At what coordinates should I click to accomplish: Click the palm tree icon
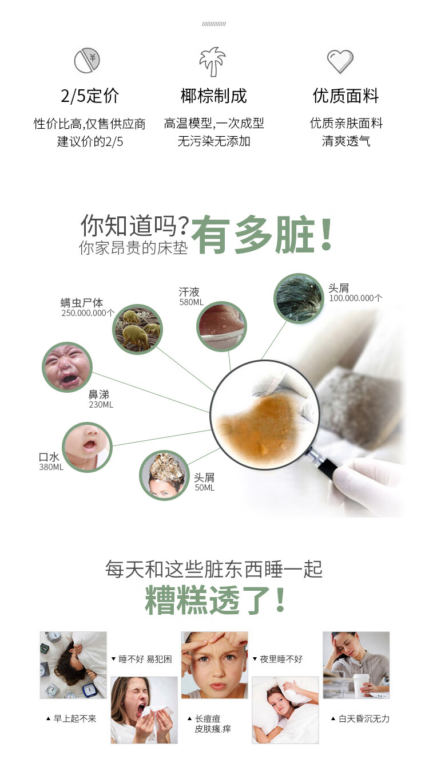213,61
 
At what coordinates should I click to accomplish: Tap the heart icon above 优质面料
340,61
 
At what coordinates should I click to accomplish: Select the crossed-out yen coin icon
87,61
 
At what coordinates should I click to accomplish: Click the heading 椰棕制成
213,96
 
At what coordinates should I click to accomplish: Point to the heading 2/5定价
90,96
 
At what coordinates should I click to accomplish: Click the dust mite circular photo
137,329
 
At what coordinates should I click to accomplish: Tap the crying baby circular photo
67,367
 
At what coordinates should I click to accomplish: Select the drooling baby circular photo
87,447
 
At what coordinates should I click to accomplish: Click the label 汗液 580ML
191,297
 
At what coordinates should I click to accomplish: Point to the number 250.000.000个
88,313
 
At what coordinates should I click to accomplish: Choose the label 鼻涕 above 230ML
99,394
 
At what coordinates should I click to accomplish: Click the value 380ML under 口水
51,467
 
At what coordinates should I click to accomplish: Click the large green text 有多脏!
262,235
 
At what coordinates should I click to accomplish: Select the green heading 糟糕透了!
214,600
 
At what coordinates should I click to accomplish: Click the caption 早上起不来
71,718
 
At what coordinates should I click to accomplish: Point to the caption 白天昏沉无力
360,718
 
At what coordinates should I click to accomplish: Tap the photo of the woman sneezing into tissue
144,710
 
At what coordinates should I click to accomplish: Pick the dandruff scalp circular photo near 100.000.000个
299,298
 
